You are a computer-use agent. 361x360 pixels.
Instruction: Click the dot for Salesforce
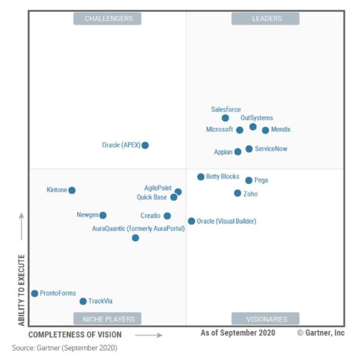(x=225, y=118)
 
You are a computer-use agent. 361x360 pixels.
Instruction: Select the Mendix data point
(x=266, y=130)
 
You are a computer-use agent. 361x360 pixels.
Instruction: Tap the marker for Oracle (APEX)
(x=145, y=145)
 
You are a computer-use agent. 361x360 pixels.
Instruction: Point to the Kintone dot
(x=72, y=190)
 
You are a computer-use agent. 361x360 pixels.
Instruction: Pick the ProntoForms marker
(x=34, y=294)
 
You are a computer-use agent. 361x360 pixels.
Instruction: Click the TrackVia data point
(x=83, y=301)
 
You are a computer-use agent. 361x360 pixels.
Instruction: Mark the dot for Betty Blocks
(x=201, y=177)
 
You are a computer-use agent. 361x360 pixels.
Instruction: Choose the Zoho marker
(x=237, y=193)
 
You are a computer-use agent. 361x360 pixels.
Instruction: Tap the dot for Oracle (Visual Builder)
(x=192, y=221)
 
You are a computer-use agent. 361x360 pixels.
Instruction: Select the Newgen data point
(x=103, y=215)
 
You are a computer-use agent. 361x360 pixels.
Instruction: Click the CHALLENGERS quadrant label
(x=108, y=19)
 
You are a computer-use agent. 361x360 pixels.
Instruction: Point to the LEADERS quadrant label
(x=266, y=19)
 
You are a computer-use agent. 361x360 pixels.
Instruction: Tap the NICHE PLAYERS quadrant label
(x=108, y=319)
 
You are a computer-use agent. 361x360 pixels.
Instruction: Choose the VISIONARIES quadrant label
(x=266, y=319)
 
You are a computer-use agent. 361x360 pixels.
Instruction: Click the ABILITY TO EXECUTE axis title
(x=21, y=290)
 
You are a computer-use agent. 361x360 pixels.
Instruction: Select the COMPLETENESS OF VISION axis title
(x=75, y=335)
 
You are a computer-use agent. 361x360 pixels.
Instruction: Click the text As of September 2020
(x=238, y=333)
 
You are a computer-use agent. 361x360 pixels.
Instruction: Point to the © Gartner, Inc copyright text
(x=320, y=333)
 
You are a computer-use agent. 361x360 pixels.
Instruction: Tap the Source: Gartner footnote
(x=64, y=348)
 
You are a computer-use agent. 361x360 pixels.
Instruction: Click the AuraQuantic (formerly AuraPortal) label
(x=138, y=229)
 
